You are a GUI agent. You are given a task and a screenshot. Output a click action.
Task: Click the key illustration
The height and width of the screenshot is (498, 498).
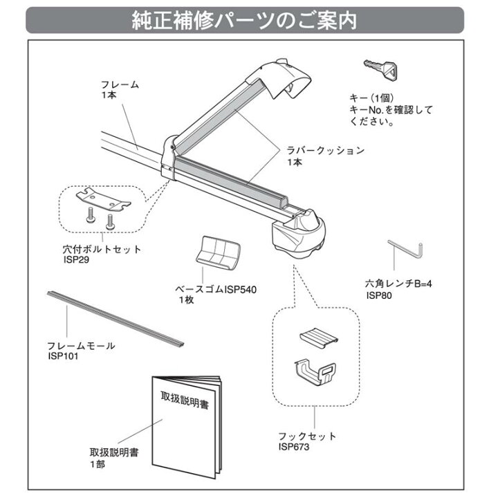pyautogui.click(x=381, y=69)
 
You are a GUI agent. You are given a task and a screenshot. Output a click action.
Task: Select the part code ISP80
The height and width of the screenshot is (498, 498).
pyautogui.click(x=379, y=295)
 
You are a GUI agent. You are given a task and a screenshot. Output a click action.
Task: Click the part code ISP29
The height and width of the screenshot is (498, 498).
pyautogui.click(x=76, y=259)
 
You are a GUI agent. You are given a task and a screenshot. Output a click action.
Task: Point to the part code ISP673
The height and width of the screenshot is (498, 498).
pyautogui.click(x=294, y=447)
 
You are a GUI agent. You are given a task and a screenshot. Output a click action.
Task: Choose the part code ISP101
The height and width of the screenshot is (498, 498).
pyautogui.click(x=63, y=356)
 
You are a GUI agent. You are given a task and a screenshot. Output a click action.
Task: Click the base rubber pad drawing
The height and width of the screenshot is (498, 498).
pyautogui.click(x=218, y=253)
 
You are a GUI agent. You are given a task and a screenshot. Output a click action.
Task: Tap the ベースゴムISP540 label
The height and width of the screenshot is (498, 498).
pyautogui.click(x=216, y=290)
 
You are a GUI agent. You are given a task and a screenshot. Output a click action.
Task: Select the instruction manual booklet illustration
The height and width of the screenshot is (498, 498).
pyautogui.click(x=187, y=427)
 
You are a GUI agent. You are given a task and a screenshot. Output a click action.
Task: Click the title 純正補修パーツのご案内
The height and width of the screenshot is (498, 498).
pyautogui.click(x=244, y=21)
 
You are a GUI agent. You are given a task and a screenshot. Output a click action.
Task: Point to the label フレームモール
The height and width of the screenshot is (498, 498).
pyautogui.click(x=82, y=346)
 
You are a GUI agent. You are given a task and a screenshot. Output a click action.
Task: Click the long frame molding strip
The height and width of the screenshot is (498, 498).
pyautogui.click(x=116, y=319)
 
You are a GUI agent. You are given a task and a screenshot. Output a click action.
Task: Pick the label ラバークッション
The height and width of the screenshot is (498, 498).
pyautogui.click(x=326, y=150)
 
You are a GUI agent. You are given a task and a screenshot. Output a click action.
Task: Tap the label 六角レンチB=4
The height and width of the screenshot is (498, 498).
pyautogui.click(x=398, y=284)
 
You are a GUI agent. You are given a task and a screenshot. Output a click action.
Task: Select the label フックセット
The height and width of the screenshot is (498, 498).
pyautogui.click(x=307, y=436)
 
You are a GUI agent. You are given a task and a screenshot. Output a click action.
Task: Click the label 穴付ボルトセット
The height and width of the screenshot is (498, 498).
pyautogui.click(x=102, y=249)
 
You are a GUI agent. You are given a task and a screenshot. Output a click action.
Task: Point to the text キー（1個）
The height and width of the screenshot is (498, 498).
pyautogui.click(x=371, y=98)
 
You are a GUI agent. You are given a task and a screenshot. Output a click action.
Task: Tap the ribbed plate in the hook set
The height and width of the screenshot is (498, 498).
pyautogui.click(x=319, y=338)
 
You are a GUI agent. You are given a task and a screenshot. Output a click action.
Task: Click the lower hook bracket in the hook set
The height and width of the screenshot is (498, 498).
pyautogui.click(x=315, y=373)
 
